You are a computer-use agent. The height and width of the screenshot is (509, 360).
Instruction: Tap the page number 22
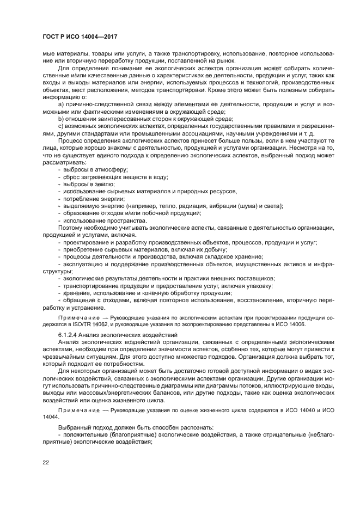point(46,463)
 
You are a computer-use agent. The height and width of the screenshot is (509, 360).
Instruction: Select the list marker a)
point(61,103)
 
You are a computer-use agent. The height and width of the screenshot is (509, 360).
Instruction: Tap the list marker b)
point(61,118)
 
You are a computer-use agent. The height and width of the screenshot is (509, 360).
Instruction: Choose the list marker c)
point(61,126)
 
